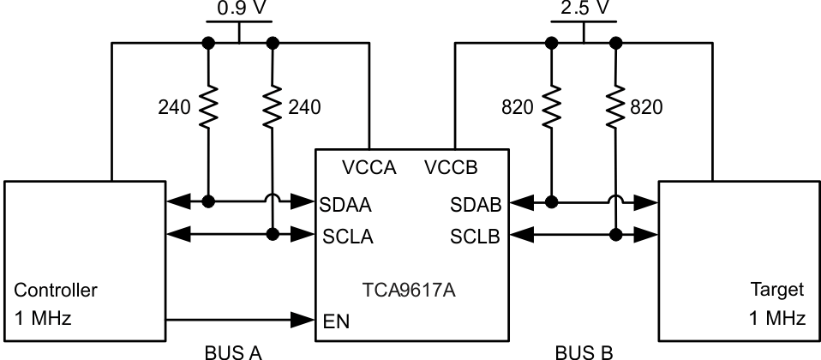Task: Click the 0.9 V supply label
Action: point(238,9)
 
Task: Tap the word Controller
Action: point(56,291)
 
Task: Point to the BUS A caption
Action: point(233,351)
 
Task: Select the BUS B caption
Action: point(584,351)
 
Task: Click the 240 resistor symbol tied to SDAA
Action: point(207,108)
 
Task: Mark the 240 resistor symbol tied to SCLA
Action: point(273,108)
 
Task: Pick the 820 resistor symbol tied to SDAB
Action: point(550,108)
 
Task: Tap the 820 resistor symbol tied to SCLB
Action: point(615,108)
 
